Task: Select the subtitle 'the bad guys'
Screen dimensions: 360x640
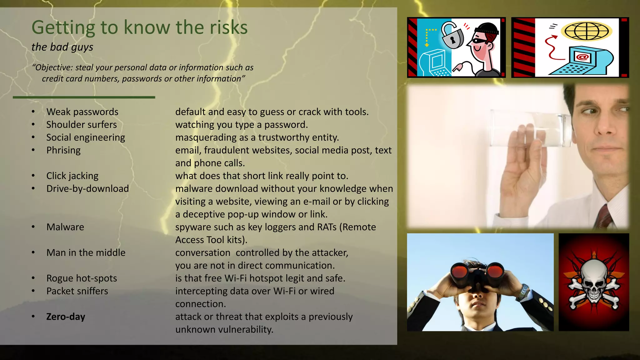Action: (x=62, y=47)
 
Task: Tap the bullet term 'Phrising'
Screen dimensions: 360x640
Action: (x=63, y=150)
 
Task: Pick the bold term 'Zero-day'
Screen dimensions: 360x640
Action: (x=66, y=317)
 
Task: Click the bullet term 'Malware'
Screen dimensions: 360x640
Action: (x=65, y=227)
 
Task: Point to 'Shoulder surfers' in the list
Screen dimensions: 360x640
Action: (x=82, y=125)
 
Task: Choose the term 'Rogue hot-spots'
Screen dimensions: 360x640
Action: (x=82, y=278)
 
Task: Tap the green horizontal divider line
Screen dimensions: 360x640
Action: (x=84, y=97)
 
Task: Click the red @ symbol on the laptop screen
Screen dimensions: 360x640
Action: (x=582, y=57)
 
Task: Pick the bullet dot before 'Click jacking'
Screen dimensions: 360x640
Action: (x=33, y=176)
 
